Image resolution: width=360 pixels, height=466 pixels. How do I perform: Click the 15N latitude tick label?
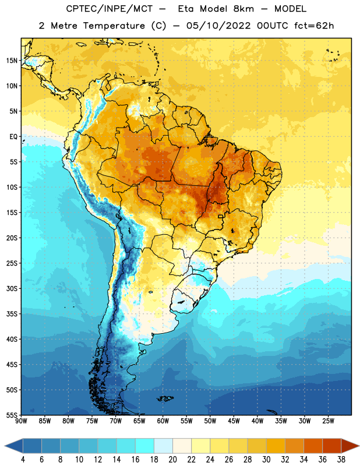(12, 61)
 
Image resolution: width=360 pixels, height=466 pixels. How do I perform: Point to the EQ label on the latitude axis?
(13, 137)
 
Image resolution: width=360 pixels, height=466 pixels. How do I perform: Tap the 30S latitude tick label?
(12, 288)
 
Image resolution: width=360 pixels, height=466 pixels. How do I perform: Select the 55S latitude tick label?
(12, 415)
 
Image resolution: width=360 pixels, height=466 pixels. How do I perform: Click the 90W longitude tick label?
(21, 421)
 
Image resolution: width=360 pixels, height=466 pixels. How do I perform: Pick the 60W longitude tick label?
(163, 421)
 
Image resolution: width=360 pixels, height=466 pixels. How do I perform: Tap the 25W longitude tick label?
(328, 421)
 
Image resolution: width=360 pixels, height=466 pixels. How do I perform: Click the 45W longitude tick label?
(234, 421)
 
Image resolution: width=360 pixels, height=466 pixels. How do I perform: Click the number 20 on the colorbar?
(172, 460)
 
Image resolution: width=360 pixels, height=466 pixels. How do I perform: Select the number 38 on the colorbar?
(341, 460)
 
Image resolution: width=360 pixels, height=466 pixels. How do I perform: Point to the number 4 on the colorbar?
(23, 460)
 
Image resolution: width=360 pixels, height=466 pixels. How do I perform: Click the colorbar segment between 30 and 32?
(276, 446)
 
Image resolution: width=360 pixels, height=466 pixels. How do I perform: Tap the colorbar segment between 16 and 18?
(144, 446)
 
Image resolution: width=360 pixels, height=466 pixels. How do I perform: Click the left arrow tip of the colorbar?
(5, 446)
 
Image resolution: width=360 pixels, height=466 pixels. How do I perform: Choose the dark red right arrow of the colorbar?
(350, 446)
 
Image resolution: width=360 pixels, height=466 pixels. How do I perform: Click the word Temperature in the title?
(114, 26)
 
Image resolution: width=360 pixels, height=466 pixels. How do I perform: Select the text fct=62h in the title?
(314, 26)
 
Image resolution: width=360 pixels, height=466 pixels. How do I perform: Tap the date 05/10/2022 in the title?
(218, 26)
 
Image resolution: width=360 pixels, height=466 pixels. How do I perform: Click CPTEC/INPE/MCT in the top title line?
(109, 9)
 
